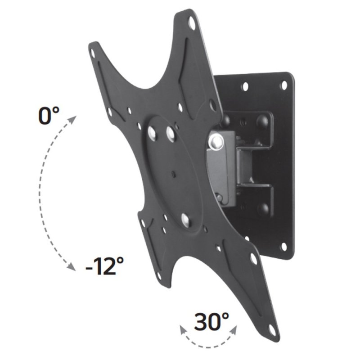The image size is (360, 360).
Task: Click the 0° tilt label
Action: point(49,116)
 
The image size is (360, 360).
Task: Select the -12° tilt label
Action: point(104,267)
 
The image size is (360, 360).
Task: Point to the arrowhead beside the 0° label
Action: point(72,119)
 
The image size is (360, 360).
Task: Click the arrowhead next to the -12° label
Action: point(71,267)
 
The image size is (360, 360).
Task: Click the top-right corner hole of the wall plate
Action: point(283,85)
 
